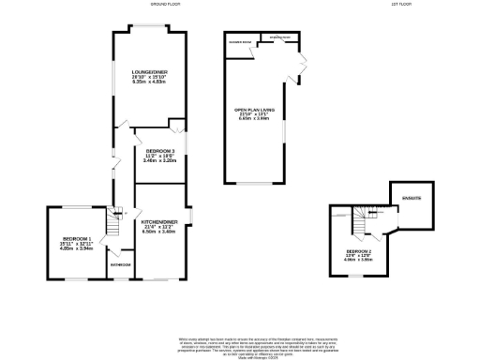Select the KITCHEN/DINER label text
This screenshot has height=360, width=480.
pos(158,220)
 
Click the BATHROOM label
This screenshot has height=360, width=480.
pos(119,265)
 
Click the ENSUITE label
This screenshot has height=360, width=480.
pos(412,199)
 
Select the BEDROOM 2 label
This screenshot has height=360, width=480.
pos(359,252)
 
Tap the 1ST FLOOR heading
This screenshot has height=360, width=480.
pos(404,5)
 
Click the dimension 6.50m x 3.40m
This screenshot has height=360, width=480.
pos(158,232)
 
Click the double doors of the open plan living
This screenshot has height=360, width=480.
pos(301,62)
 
